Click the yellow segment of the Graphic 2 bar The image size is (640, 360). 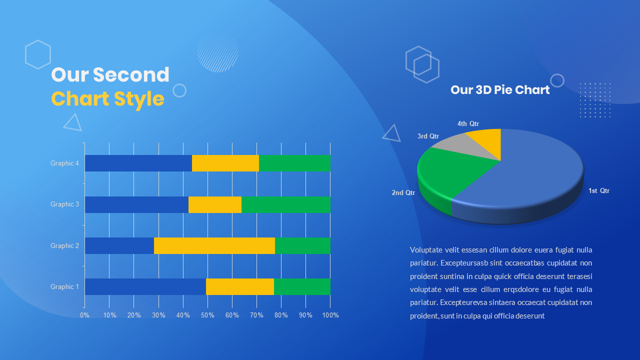(x=214, y=245)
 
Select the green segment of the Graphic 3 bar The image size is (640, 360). (x=285, y=204)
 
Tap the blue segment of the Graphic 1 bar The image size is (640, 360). (x=145, y=286)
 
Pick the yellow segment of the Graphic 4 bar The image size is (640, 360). (x=225, y=163)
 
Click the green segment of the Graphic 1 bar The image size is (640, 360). (x=302, y=286)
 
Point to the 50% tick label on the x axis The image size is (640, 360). (x=207, y=315)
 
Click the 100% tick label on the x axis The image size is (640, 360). (x=330, y=315)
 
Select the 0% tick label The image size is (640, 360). (x=84, y=315)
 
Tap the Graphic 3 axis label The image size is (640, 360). (x=64, y=204)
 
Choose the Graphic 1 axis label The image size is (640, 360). (x=64, y=286)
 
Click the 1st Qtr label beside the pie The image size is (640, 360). (x=598, y=190)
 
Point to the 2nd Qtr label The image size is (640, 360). (x=403, y=192)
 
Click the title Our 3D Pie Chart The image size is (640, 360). (x=500, y=89)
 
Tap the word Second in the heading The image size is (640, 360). (x=131, y=75)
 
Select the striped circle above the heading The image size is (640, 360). (x=217, y=52)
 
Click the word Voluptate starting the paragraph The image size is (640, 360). (x=425, y=249)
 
